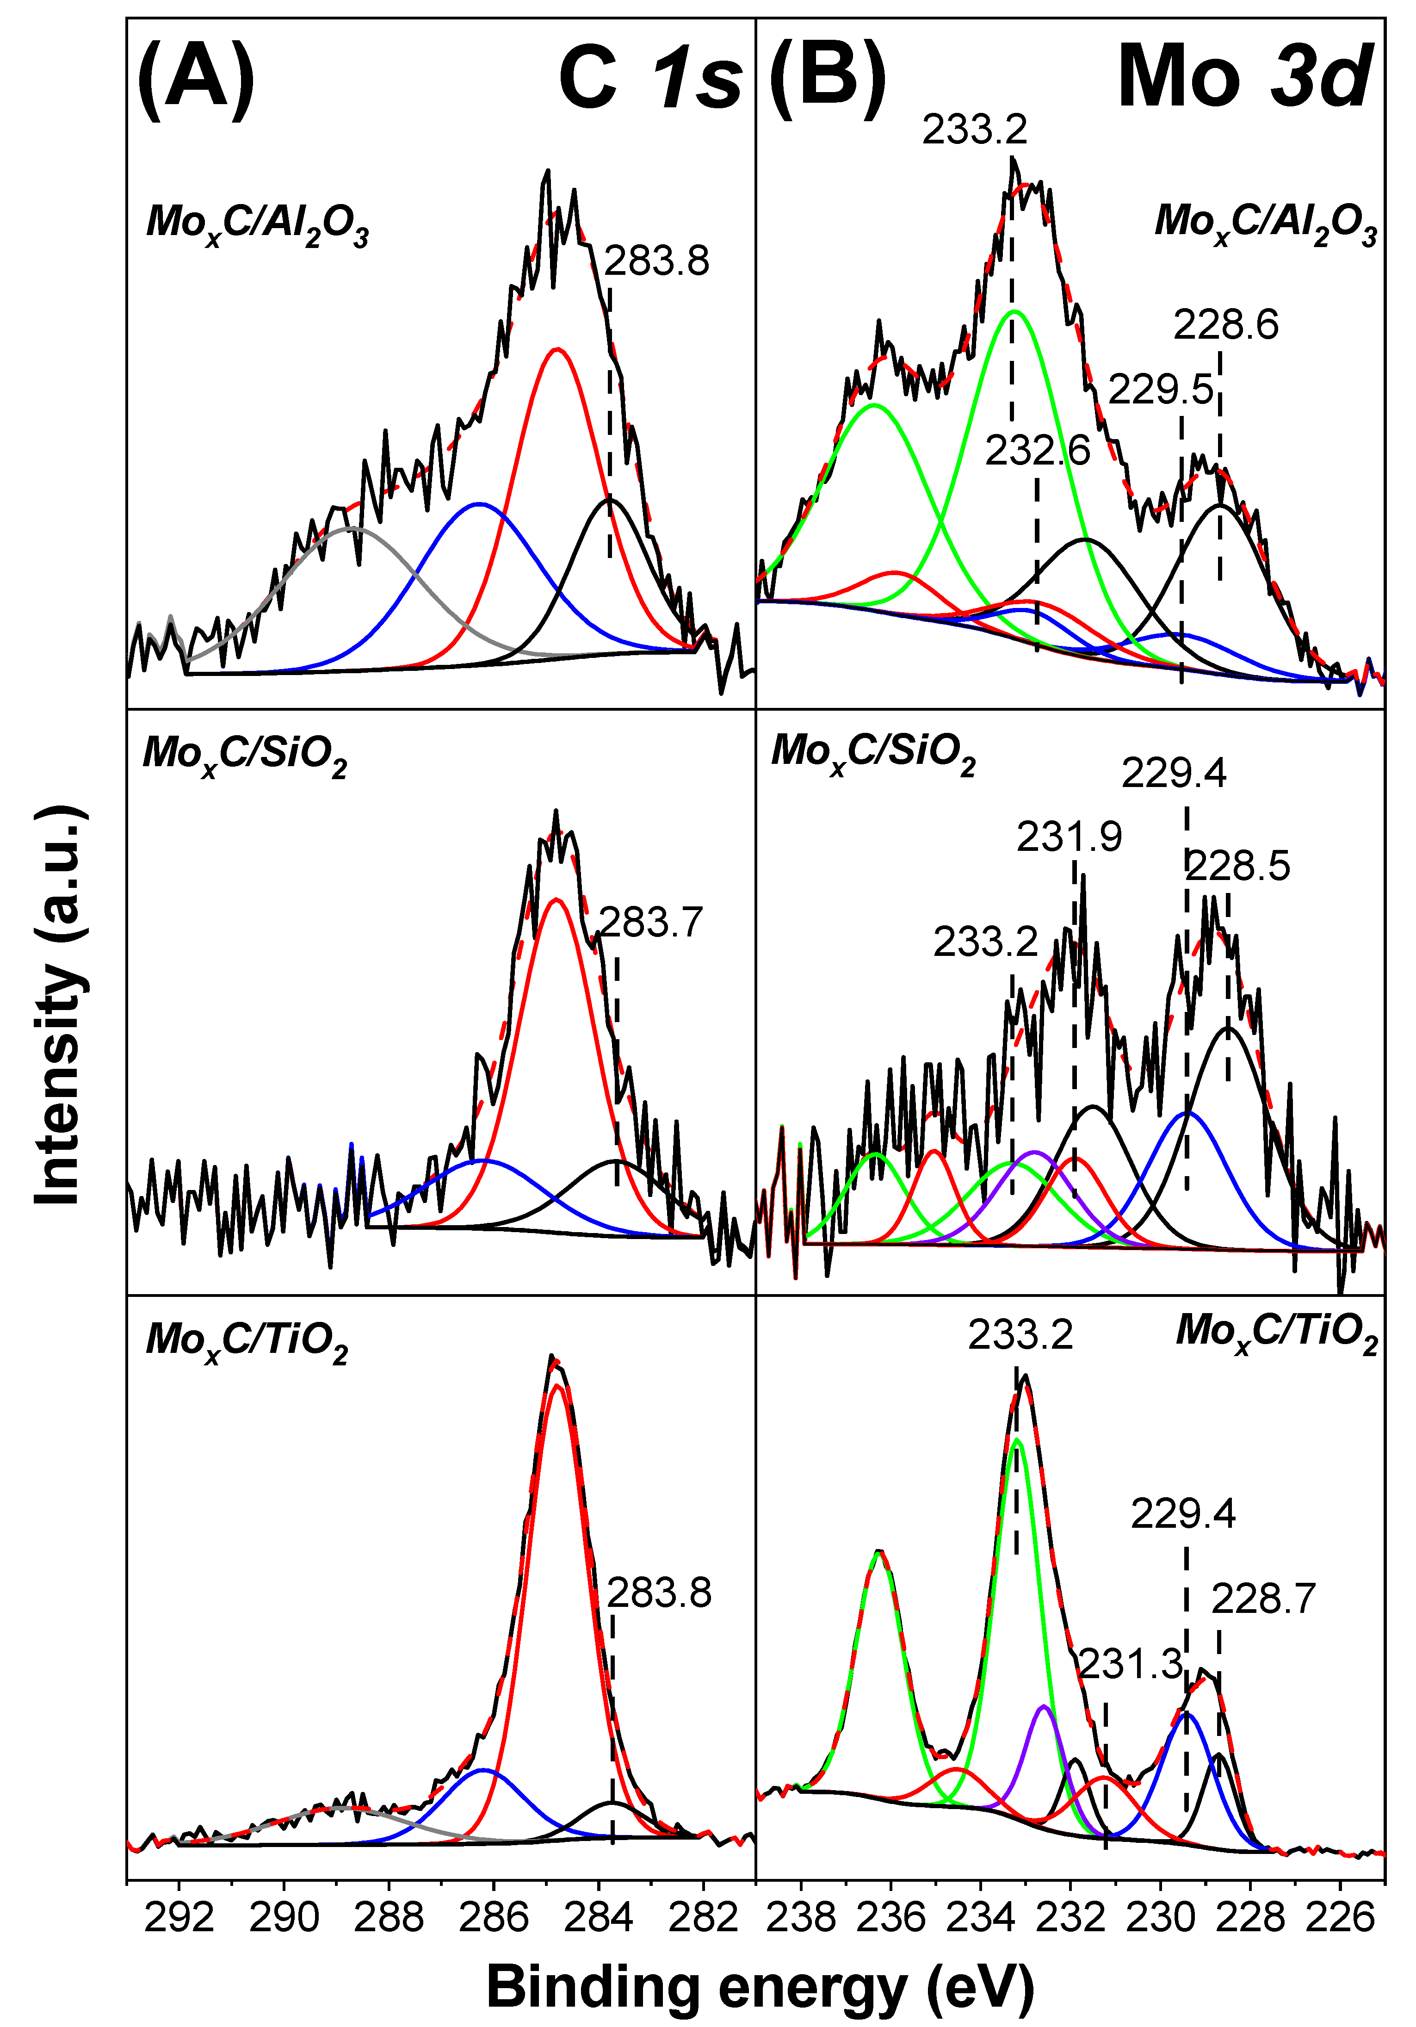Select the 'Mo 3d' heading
pyautogui.click(x=1245, y=78)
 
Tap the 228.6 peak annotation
pyautogui.click(x=1225, y=326)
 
